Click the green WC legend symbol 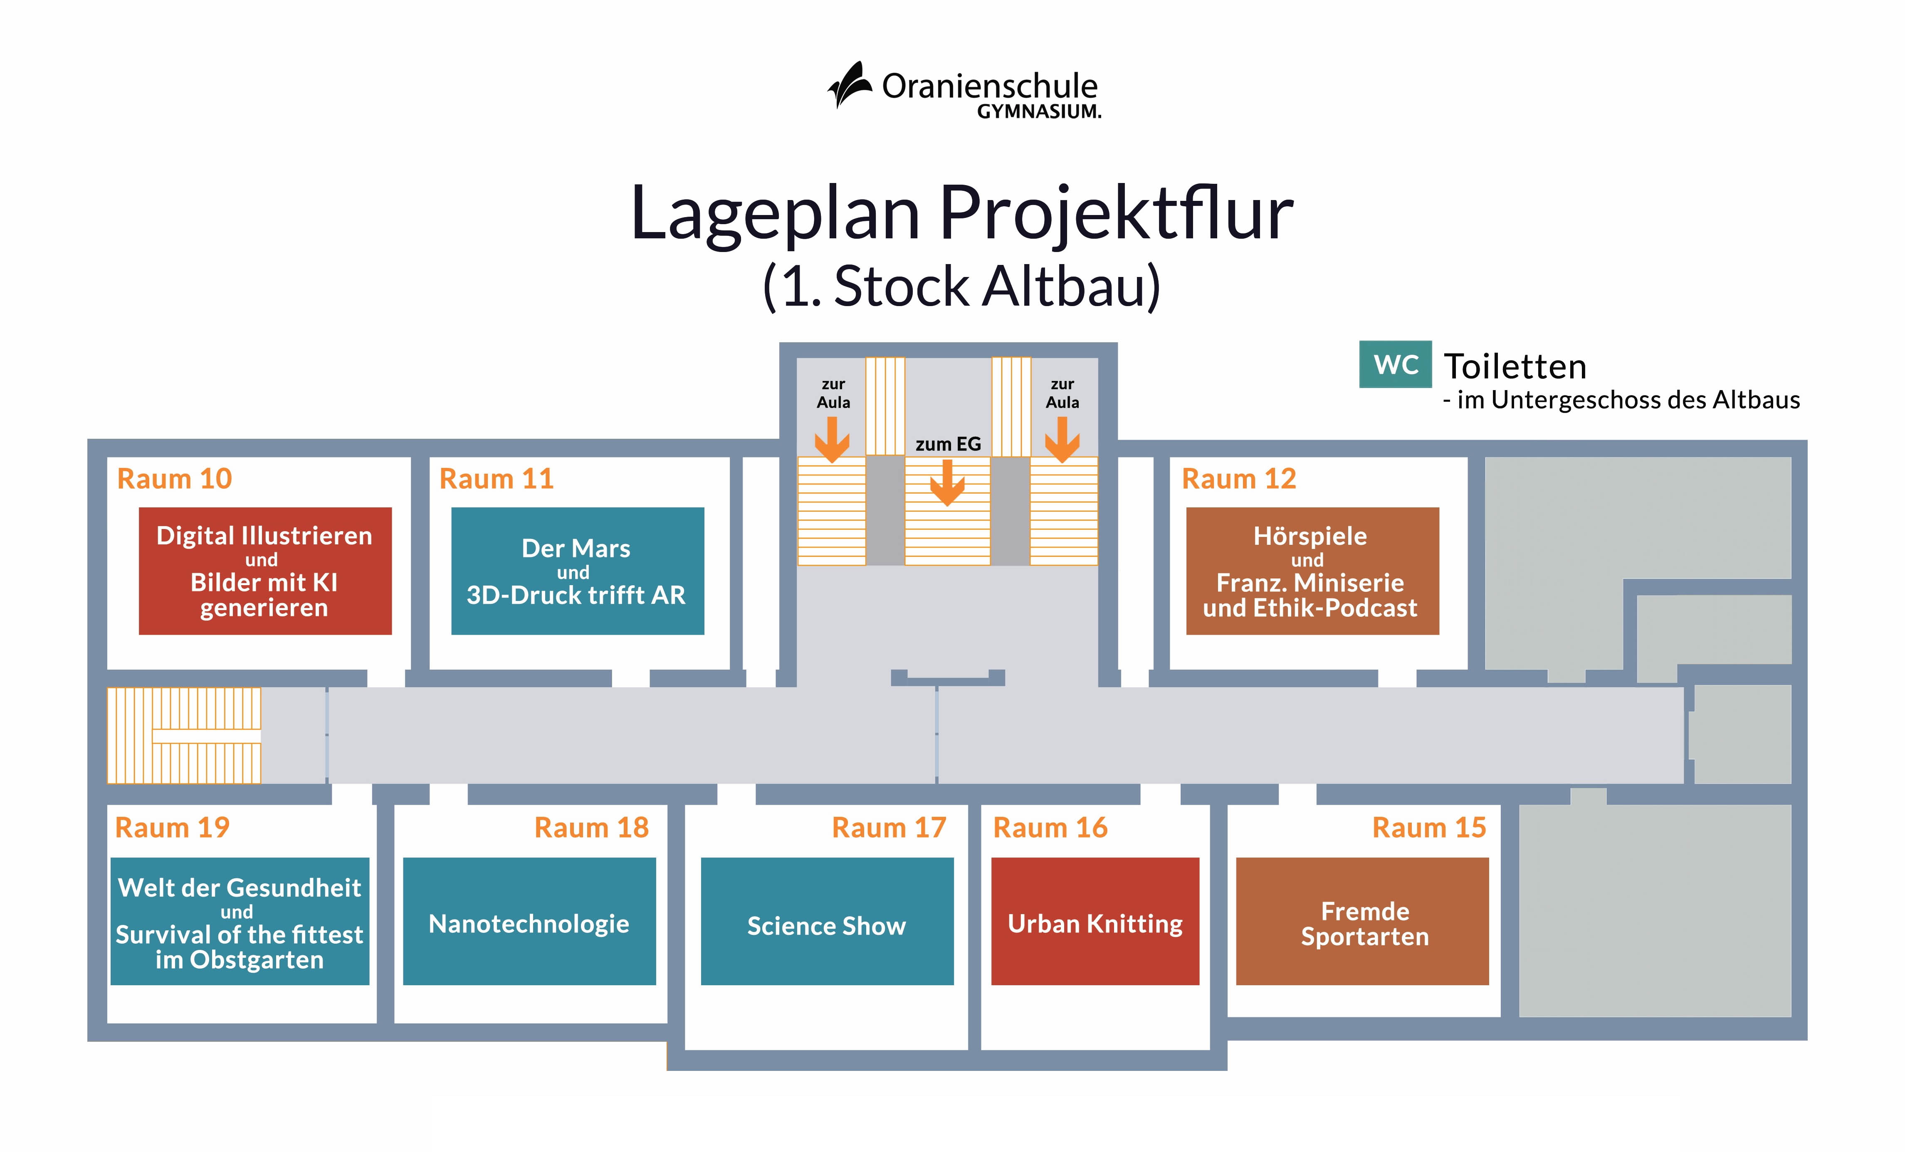pyautogui.click(x=1395, y=364)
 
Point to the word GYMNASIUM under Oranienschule pyautogui.click(x=1038, y=112)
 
